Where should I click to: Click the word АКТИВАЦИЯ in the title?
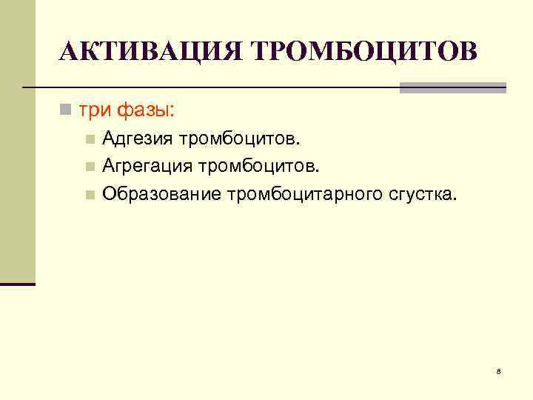tap(151, 52)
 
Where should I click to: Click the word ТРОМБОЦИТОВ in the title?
tap(365, 52)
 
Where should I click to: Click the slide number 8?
tap(499, 370)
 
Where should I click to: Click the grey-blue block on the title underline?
tap(452, 87)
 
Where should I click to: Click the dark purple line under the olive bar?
tap(17, 284)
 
